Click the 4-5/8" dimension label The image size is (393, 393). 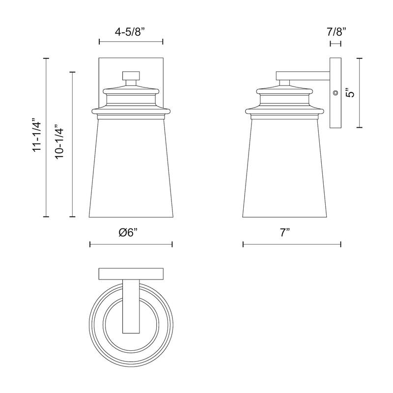131,32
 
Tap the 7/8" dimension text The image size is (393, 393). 336,32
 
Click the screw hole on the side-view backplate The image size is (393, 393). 336,92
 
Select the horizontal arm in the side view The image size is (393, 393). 302,76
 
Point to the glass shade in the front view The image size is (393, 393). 131,167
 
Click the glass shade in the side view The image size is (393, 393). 284,167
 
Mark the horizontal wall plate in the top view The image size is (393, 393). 131,273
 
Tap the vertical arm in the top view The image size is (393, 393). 131,307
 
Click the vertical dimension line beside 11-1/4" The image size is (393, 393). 47,137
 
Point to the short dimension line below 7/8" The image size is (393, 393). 336,44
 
